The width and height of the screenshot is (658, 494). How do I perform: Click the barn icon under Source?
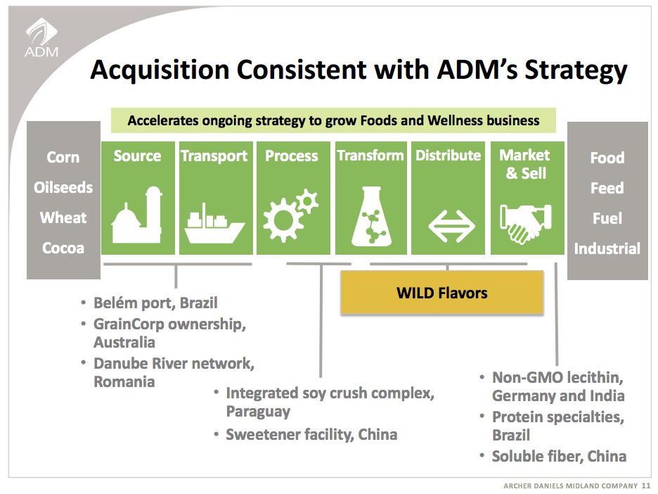pyautogui.click(x=136, y=213)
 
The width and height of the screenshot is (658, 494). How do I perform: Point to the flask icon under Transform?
pyautogui.click(x=370, y=213)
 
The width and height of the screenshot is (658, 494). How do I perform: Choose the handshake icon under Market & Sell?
pyautogui.click(x=526, y=221)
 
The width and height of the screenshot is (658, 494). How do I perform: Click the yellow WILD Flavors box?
pyautogui.click(x=441, y=292)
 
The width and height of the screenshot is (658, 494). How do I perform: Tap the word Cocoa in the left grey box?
pyautogui.click(x=63, y=248)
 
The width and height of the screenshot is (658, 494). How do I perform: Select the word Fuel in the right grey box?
pyautogui.click(x=607, y=218)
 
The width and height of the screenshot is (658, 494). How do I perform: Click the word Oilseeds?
pyautogui.click(x=63, y=188)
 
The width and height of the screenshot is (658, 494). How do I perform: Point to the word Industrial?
pyautogui.click(x=607, y=248)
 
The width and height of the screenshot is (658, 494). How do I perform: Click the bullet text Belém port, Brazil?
pyautogui.click(x=155, y=303)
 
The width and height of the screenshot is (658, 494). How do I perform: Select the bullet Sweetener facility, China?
pyautogui.click(x=311, y=434)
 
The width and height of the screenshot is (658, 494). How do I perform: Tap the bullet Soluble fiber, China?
pyautogui.click(x=559, y=456)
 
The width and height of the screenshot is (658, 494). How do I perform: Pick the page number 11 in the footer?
pyautogui.click(x=647, y=486)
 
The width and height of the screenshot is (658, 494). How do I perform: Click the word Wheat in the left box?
pyautogui.click(x=63, y=217)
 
